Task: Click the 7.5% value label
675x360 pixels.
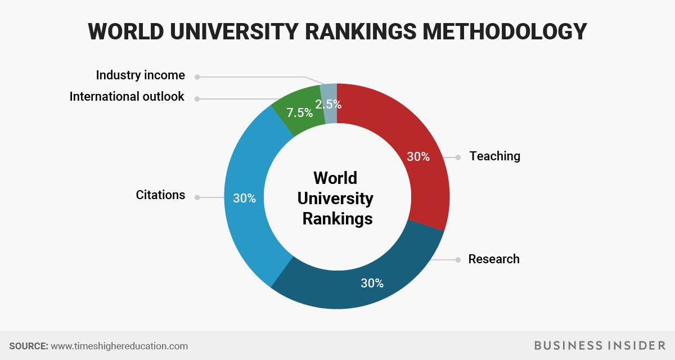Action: [299, 112]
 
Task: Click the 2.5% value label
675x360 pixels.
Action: [328, 104]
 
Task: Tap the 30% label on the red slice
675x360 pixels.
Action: [418, 157]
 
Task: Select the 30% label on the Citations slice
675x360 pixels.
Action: [244, 198]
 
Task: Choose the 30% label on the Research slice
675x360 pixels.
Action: [372, 283]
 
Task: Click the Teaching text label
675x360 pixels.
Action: [495, 156]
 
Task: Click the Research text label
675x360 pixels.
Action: [494, 259]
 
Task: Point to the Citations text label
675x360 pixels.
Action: [160, 195]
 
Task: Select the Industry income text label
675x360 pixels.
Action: [140, 75]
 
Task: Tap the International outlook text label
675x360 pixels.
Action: [127, 97]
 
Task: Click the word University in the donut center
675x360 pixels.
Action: [335, 198]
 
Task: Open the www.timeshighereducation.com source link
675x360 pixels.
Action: [119, 346]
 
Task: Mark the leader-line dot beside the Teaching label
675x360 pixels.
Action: [458, 157]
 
